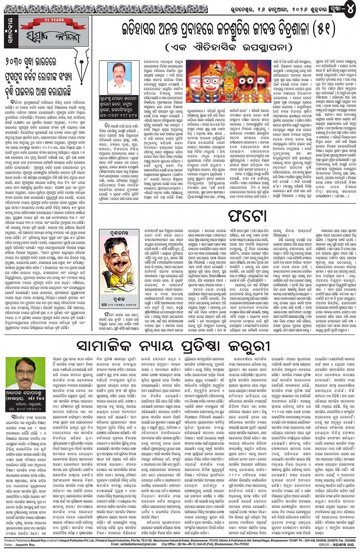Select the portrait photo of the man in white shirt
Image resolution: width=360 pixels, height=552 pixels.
(117, 78)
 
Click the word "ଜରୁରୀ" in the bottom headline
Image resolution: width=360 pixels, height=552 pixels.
(248, 346)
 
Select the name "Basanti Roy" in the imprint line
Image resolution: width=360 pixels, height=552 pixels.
(53, 541)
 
